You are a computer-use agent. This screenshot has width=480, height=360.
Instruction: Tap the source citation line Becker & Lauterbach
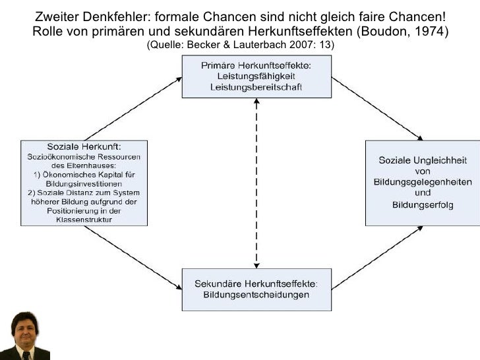(240, 45)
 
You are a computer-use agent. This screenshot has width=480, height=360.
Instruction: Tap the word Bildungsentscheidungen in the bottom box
(256, 295)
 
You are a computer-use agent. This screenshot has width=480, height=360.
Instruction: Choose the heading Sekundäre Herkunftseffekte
(256, 284)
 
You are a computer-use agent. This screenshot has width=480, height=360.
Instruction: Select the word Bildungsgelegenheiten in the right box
(423, 182)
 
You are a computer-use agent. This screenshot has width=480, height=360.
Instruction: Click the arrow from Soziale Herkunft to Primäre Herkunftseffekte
(132, 109)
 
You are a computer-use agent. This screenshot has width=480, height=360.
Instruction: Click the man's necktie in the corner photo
(26, 355)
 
